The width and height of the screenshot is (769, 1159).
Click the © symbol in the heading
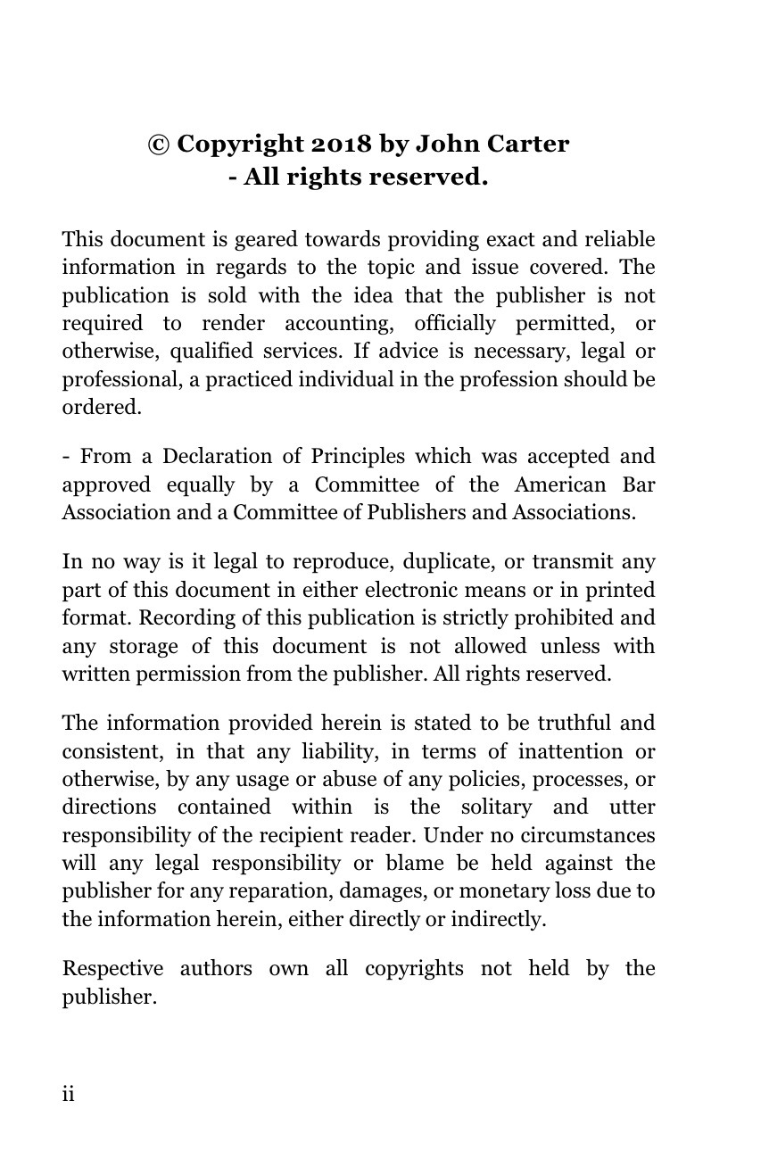pyautogui.click(x=159, y=145)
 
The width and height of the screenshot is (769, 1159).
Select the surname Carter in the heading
pyautogui.click(x=526, y=145)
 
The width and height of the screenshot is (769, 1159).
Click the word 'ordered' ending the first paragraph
pyautogui.click(x=100, y=408)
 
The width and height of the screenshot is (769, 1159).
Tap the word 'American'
pyautogui.click(x=559, y=485)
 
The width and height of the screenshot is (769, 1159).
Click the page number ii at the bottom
pyautogui.click(x=68, y=1095)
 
